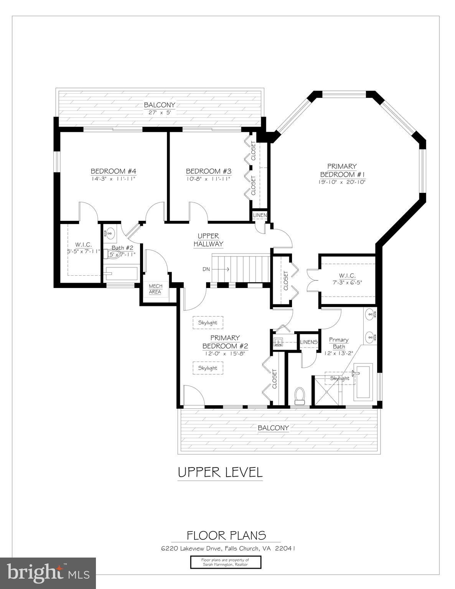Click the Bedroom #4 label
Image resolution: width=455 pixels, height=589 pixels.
113,171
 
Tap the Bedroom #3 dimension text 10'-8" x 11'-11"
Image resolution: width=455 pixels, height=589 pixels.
208,179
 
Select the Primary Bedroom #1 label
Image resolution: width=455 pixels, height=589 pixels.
341,170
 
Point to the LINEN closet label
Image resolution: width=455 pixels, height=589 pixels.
260,215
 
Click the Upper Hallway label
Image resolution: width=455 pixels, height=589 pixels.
208,240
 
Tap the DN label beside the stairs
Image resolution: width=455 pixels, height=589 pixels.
206,269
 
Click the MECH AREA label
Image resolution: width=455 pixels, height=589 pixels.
155,289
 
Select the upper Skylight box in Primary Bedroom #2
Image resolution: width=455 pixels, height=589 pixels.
208,323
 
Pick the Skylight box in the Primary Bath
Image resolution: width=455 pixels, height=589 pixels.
340,378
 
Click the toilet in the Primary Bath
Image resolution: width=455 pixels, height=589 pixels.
299,395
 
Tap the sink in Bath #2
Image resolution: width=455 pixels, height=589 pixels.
110,232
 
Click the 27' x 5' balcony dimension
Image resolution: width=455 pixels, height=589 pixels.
159,112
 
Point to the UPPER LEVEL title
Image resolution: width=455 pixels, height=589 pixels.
220,472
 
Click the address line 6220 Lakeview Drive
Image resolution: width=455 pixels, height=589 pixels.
228,548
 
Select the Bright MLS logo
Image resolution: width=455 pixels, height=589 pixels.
48,573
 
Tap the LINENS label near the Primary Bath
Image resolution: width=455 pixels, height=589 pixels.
308,342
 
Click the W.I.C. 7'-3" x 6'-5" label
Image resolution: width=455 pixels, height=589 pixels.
347,279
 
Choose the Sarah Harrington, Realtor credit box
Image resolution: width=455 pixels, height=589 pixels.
225,562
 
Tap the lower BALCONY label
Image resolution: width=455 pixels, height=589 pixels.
273,428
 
